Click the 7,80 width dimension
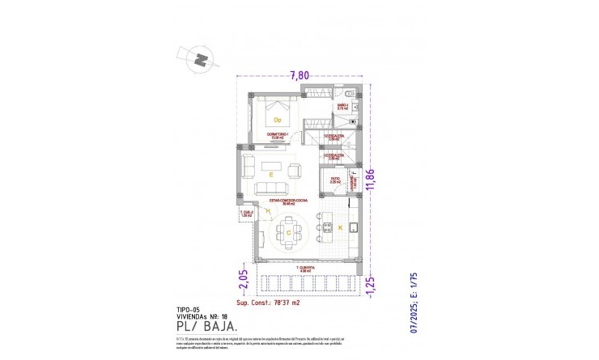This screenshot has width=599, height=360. pos(299,75)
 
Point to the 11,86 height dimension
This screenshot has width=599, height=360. pos(371,188)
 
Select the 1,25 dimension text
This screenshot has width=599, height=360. pos(371,285)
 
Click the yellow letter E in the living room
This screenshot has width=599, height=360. pos(271,173)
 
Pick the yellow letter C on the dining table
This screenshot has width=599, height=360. pos(288,231)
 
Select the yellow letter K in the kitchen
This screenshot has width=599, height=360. pos(339,229)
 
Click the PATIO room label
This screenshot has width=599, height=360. pos(335,180)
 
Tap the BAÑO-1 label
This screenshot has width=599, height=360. pos(342,106)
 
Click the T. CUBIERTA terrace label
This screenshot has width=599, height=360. pos(305,267)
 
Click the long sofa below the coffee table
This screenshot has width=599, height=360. pos(272,189)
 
